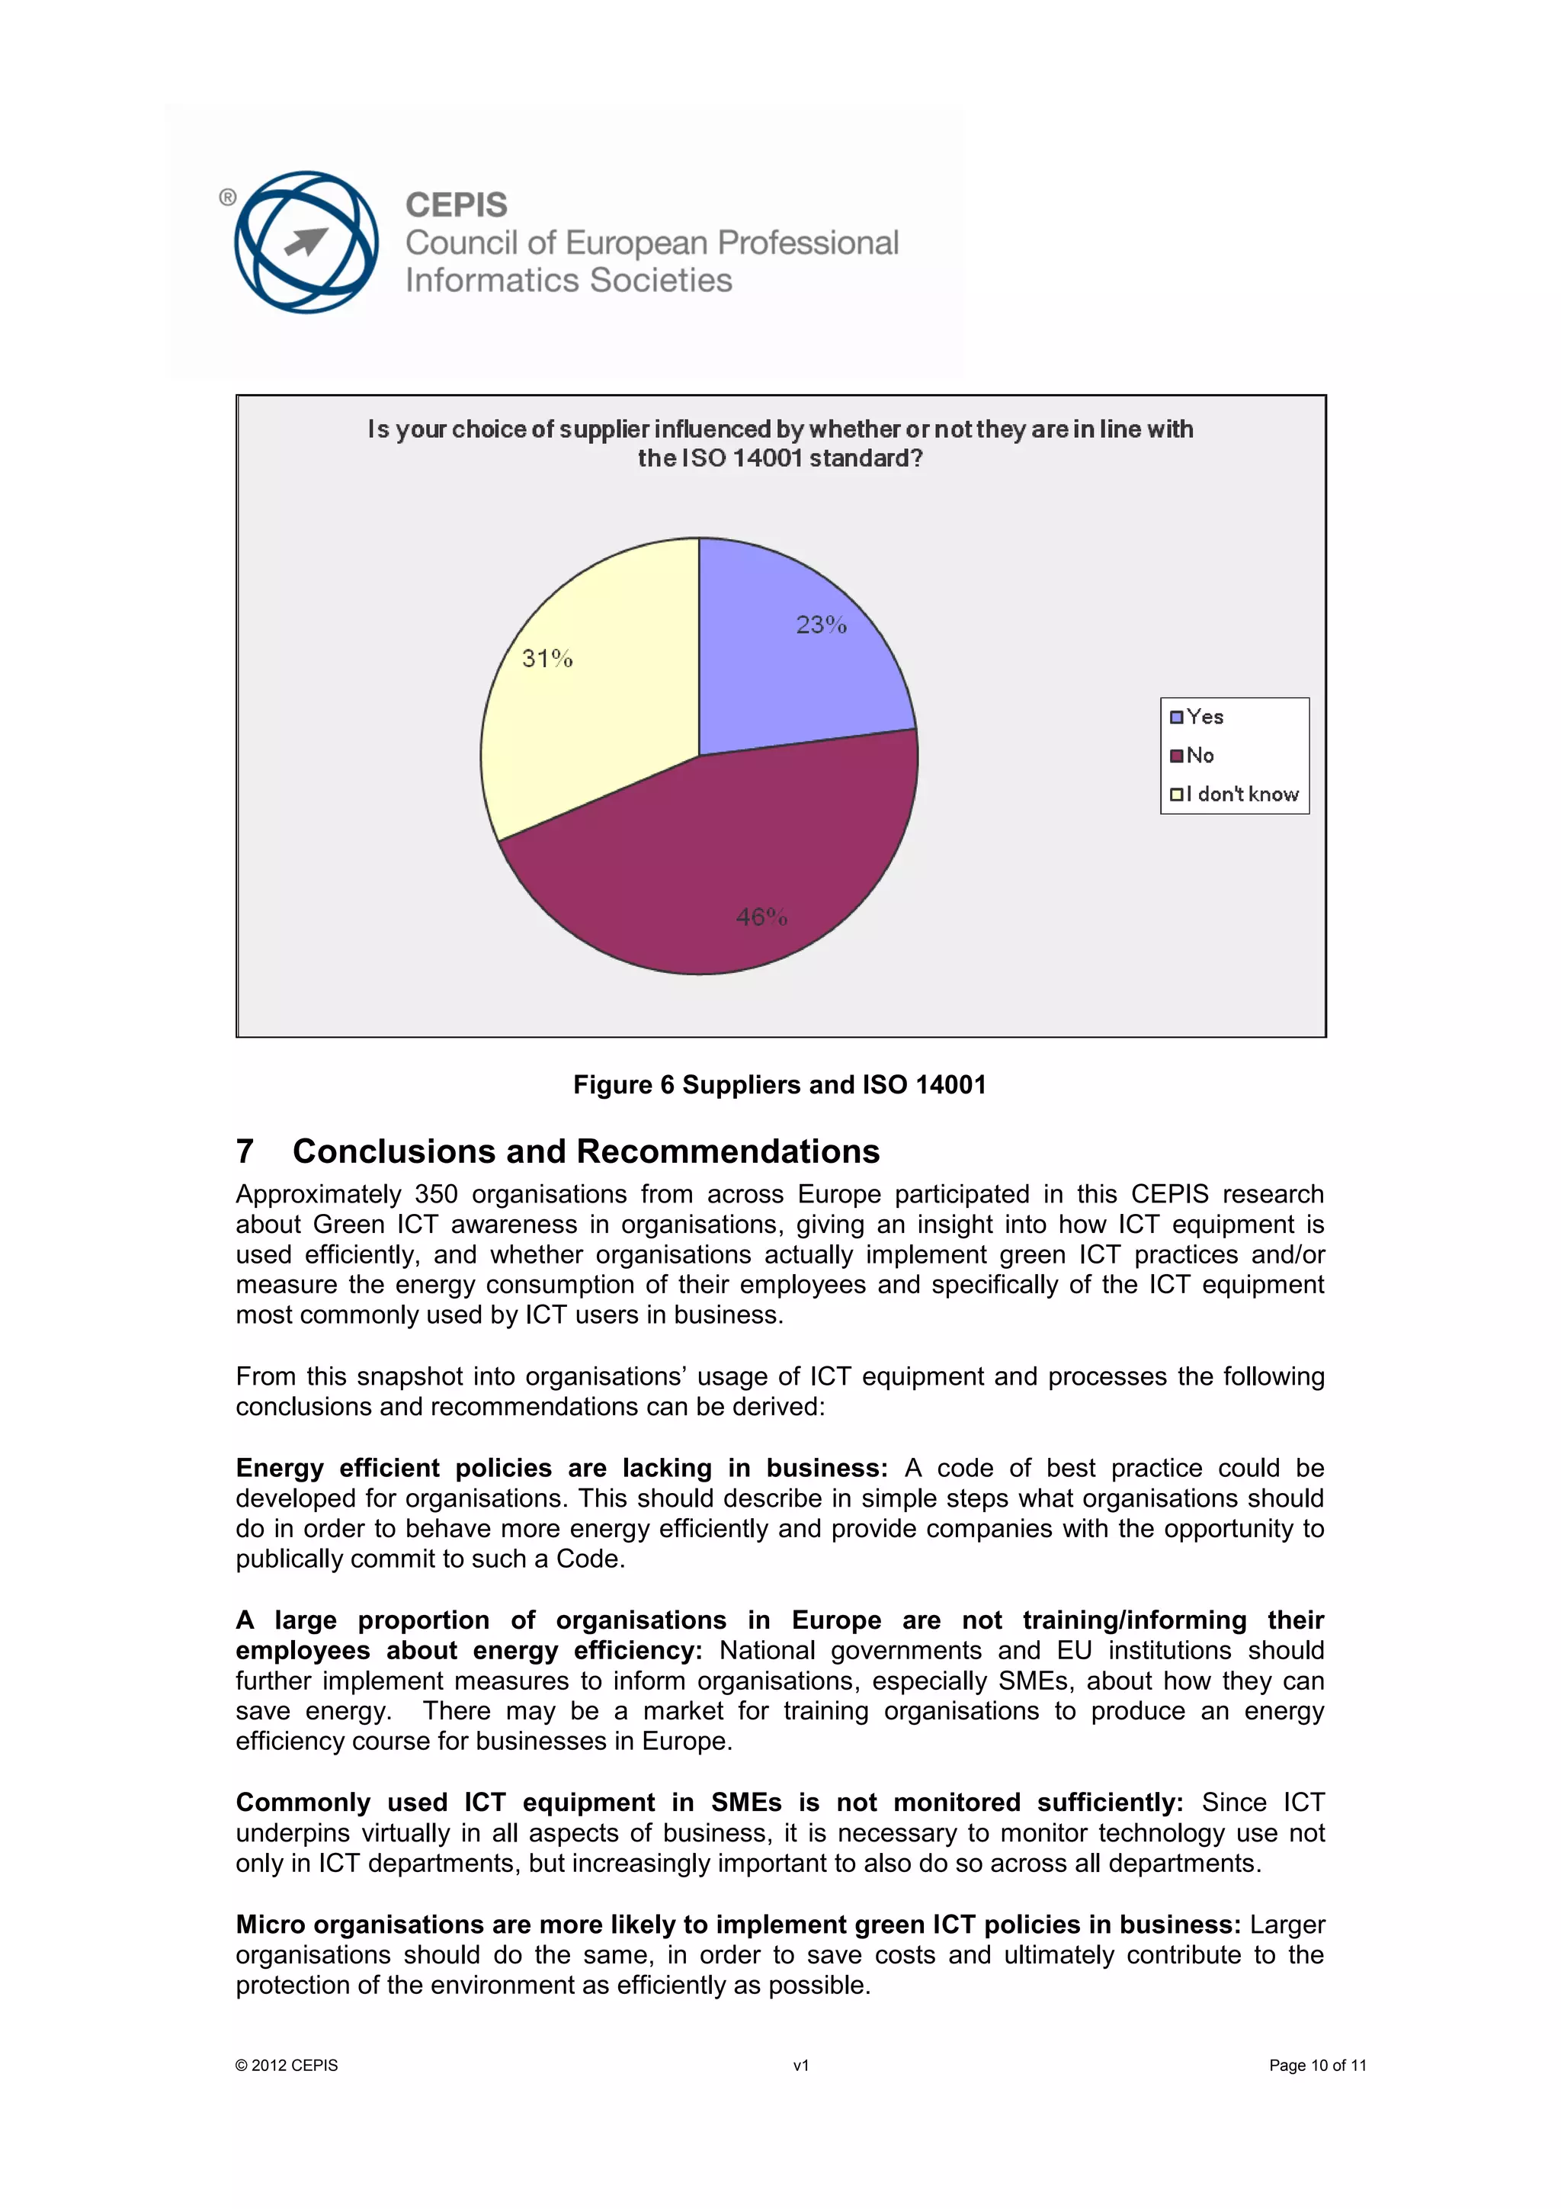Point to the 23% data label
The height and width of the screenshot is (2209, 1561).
(x=820, y=625)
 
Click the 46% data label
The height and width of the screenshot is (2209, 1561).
(x=761, y=917)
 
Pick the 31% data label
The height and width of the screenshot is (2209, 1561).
(x=547, y=659)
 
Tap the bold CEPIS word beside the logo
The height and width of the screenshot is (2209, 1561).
(x=456, y=205)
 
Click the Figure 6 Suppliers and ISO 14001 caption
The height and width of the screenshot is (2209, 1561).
(x=779, y=1084)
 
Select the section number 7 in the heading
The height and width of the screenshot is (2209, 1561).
(x=245, y=1151)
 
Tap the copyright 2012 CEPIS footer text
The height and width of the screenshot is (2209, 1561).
(x=287, y=2065)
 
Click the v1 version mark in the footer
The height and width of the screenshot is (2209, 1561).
(x=800, y=2065)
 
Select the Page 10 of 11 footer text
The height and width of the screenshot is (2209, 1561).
(x=1316, y=2065)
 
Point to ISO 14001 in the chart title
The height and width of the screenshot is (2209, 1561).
(x=741, y=458)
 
